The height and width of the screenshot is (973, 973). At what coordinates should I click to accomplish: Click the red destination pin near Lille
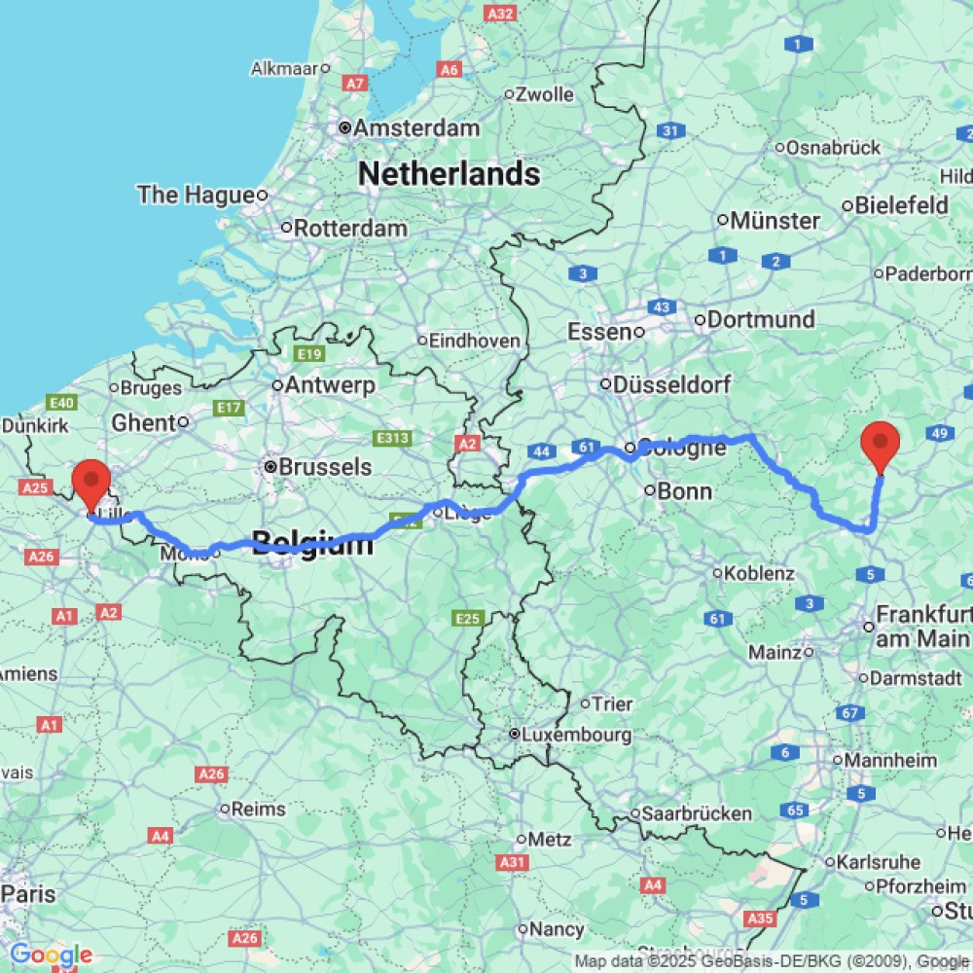[x=92, y=481]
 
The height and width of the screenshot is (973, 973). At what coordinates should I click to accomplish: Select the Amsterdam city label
[x=416, y=127]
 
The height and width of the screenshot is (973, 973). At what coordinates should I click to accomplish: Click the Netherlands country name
[x=449, y=174]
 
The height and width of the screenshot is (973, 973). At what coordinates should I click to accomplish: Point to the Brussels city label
[x=325, y=467]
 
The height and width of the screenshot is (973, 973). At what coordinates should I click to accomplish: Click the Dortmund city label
[x=761, y=319]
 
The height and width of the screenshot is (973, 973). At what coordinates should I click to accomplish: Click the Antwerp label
[x=330, y=385]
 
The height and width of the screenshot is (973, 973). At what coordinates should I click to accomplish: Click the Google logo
[x=51, y=955]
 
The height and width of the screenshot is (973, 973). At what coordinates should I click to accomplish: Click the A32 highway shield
[x=501, y=14]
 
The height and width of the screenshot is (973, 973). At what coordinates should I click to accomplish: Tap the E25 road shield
[x=468, y=618]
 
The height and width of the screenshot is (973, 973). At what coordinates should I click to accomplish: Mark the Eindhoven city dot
[x=422, y=341]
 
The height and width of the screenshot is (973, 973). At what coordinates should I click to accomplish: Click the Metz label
[x=550, y=839]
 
